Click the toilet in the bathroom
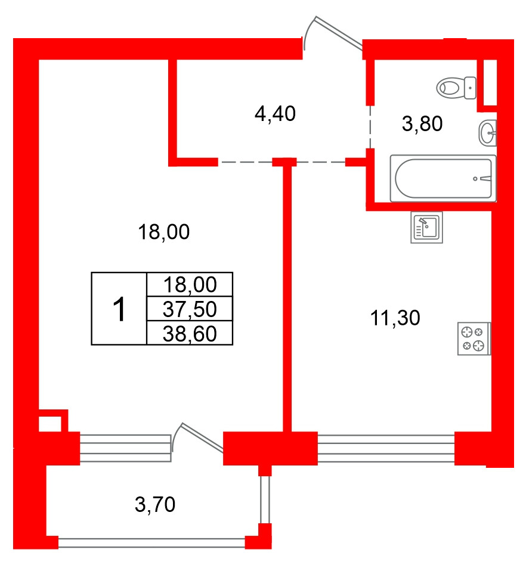(x=456, y=88)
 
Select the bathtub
(x=443, y=178)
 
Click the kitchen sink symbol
(x=426, y=227)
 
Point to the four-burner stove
(x=474, y=339)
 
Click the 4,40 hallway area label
(x=275, y=114)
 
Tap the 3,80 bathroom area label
(x=422, y=123)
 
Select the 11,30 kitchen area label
(x=395, y=318)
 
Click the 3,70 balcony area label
(x=155, y=504)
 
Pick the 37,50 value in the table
(x=190, y=309)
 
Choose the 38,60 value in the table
(x=190, y=334)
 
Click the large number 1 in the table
(x=119, y=309)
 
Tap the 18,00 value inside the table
(x=190, y=285)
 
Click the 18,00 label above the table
(x=163, y=232)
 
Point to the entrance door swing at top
(x=332, y=33)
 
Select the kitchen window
(x=386, y=448)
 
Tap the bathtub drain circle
(x=475, y=179)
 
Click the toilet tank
(x=470, y=88)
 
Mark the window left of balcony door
(x=125, y=448)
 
